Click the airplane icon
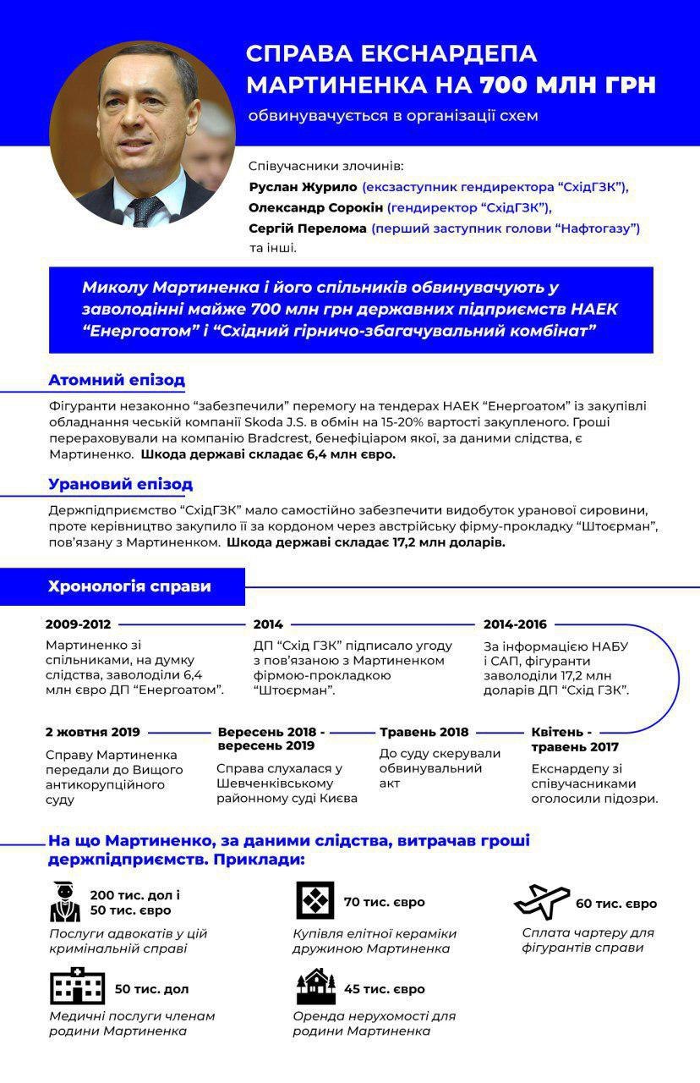coord(542,902)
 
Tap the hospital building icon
coord(77,988)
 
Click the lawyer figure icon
coord(65,902)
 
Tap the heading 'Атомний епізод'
coord(117,380)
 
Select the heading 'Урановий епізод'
coord(120,484)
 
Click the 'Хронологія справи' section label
coord(129,586)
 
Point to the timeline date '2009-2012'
coord(79,624)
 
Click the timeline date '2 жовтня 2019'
coord(93,732)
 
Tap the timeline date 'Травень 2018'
coord(424,732)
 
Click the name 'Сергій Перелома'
coord(308,228)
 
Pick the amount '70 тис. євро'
coord(385,902)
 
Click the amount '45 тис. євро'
coord(385,989)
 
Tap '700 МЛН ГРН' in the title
coord(568,85)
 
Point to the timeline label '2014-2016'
coord(515,624)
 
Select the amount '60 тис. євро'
coord(616,903)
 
